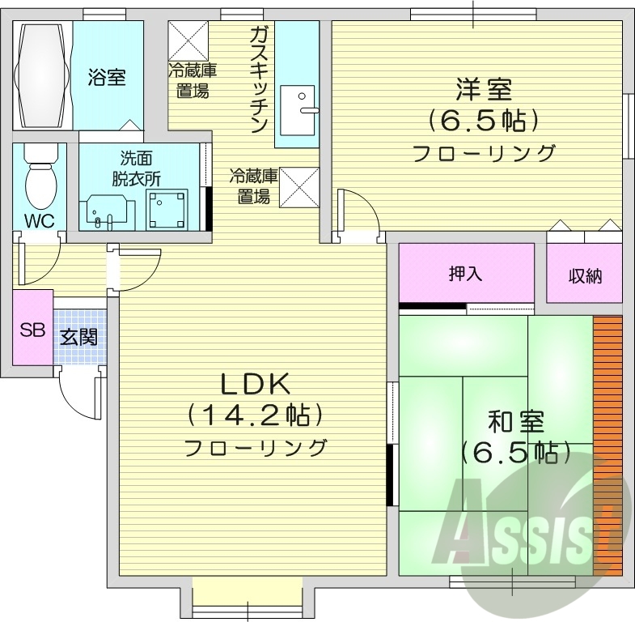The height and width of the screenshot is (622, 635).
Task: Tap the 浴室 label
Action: pos(107,79)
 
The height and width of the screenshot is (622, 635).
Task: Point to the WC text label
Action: pos(38,220)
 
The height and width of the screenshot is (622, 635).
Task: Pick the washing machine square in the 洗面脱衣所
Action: pos(167,207)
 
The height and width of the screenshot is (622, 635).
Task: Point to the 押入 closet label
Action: pos(465,273)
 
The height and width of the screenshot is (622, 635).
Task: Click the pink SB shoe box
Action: pos(32,330)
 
